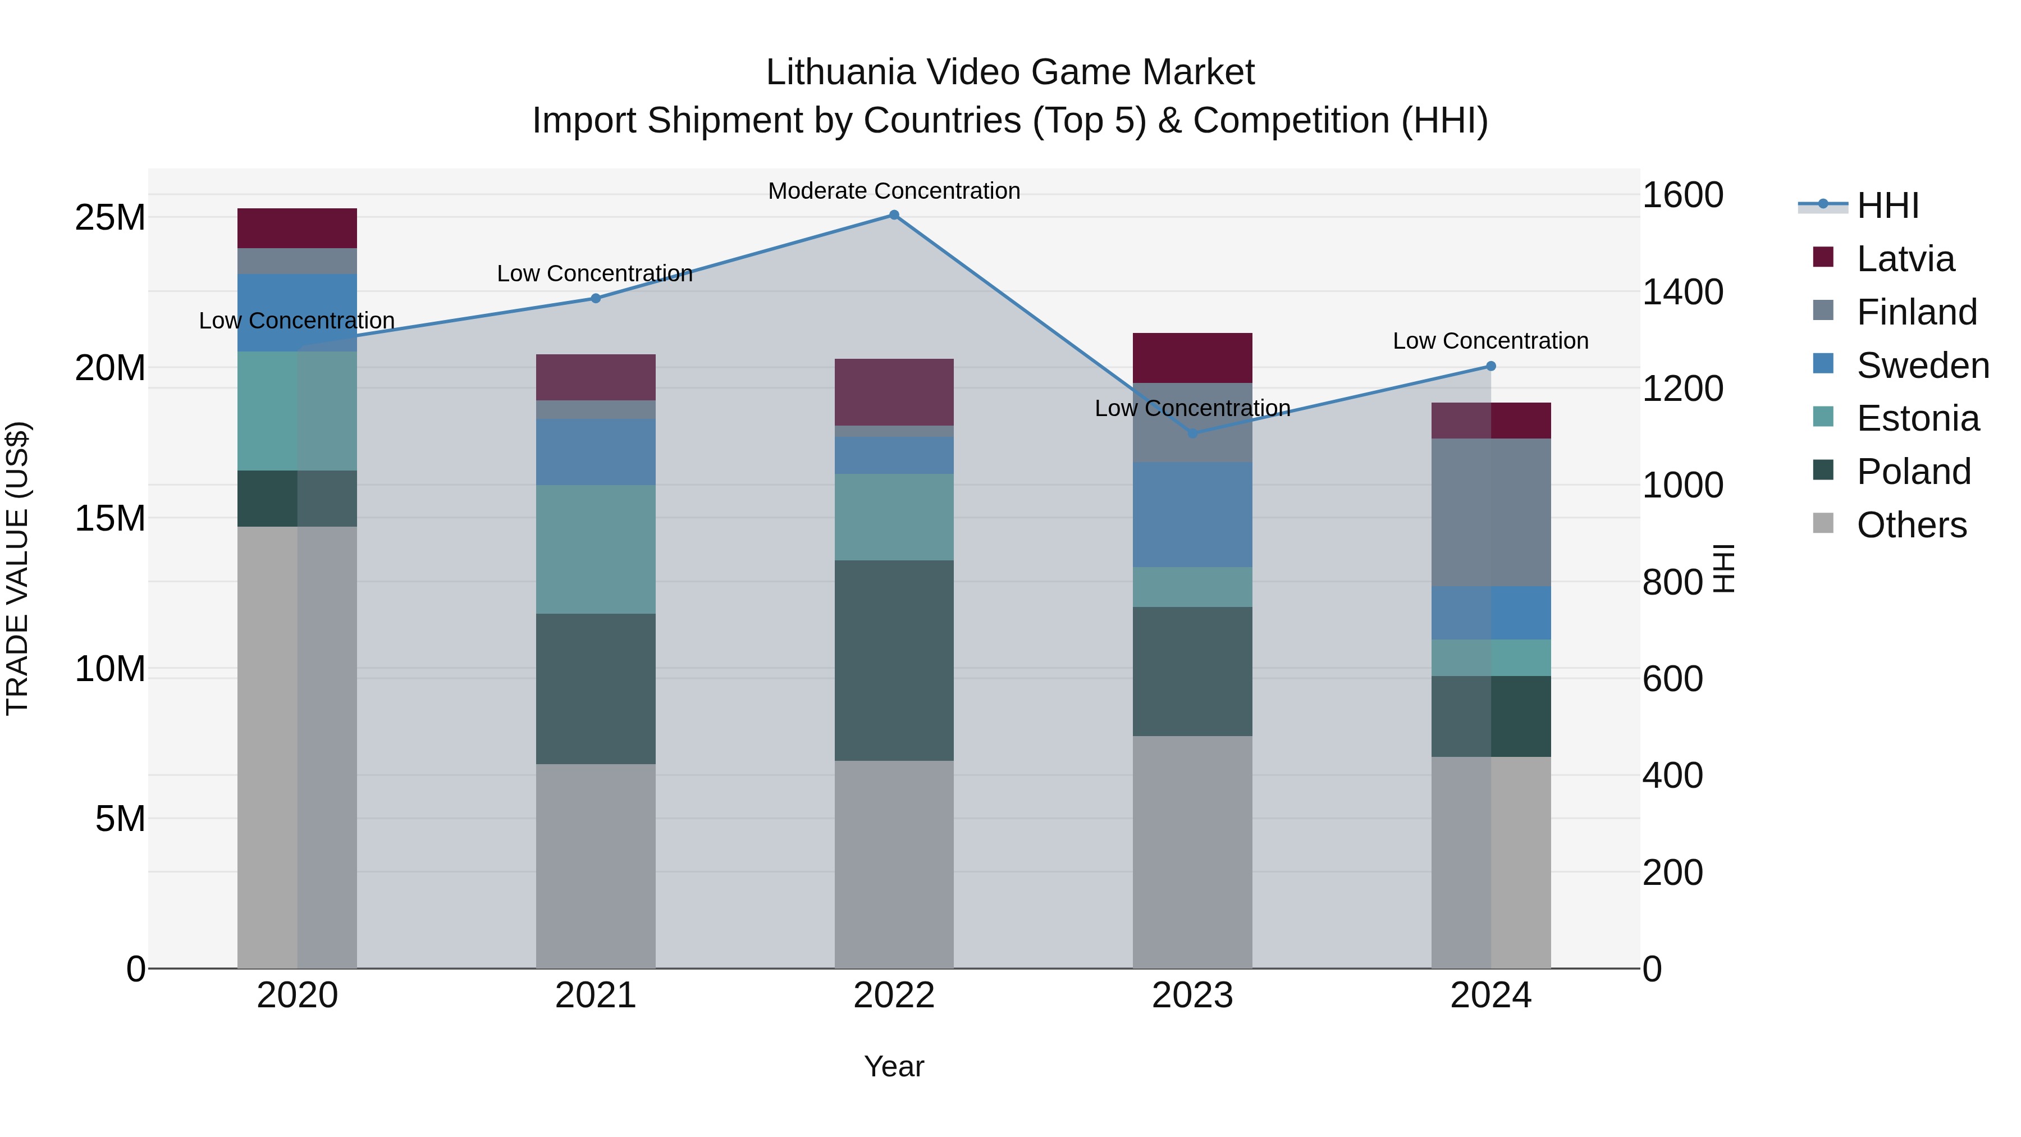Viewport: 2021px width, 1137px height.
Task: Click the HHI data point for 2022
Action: pos(894,215)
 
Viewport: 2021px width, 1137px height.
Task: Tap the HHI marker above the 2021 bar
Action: pos(596,298)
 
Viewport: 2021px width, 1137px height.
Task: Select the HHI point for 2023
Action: pos(1192,433)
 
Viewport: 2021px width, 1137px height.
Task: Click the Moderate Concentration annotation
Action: pos(894,191)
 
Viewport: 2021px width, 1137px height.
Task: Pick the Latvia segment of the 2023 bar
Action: pos(1192,358)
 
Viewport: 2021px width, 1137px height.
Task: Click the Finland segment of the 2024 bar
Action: pos(1490,513)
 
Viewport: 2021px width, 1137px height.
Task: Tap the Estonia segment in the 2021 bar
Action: pos(596,549)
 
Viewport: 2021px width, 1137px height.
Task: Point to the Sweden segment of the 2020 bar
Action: pos(298,312)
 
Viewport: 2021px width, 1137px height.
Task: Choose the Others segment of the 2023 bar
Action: pos(1192,851)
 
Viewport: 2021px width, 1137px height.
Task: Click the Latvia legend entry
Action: pos(1905,259)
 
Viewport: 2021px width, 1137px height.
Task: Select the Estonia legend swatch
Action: pos(1823,417)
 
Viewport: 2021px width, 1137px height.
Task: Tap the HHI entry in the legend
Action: pos(1887,206)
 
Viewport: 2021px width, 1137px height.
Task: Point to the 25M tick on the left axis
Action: pos(110,217)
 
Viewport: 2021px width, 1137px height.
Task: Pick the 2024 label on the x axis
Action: pos(1490,996)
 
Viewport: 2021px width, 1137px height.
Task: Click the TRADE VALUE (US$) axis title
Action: pos(17,568)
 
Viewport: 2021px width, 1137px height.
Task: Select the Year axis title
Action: pos(894,1066)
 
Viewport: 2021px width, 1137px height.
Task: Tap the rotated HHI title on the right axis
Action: pos(1723,568)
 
